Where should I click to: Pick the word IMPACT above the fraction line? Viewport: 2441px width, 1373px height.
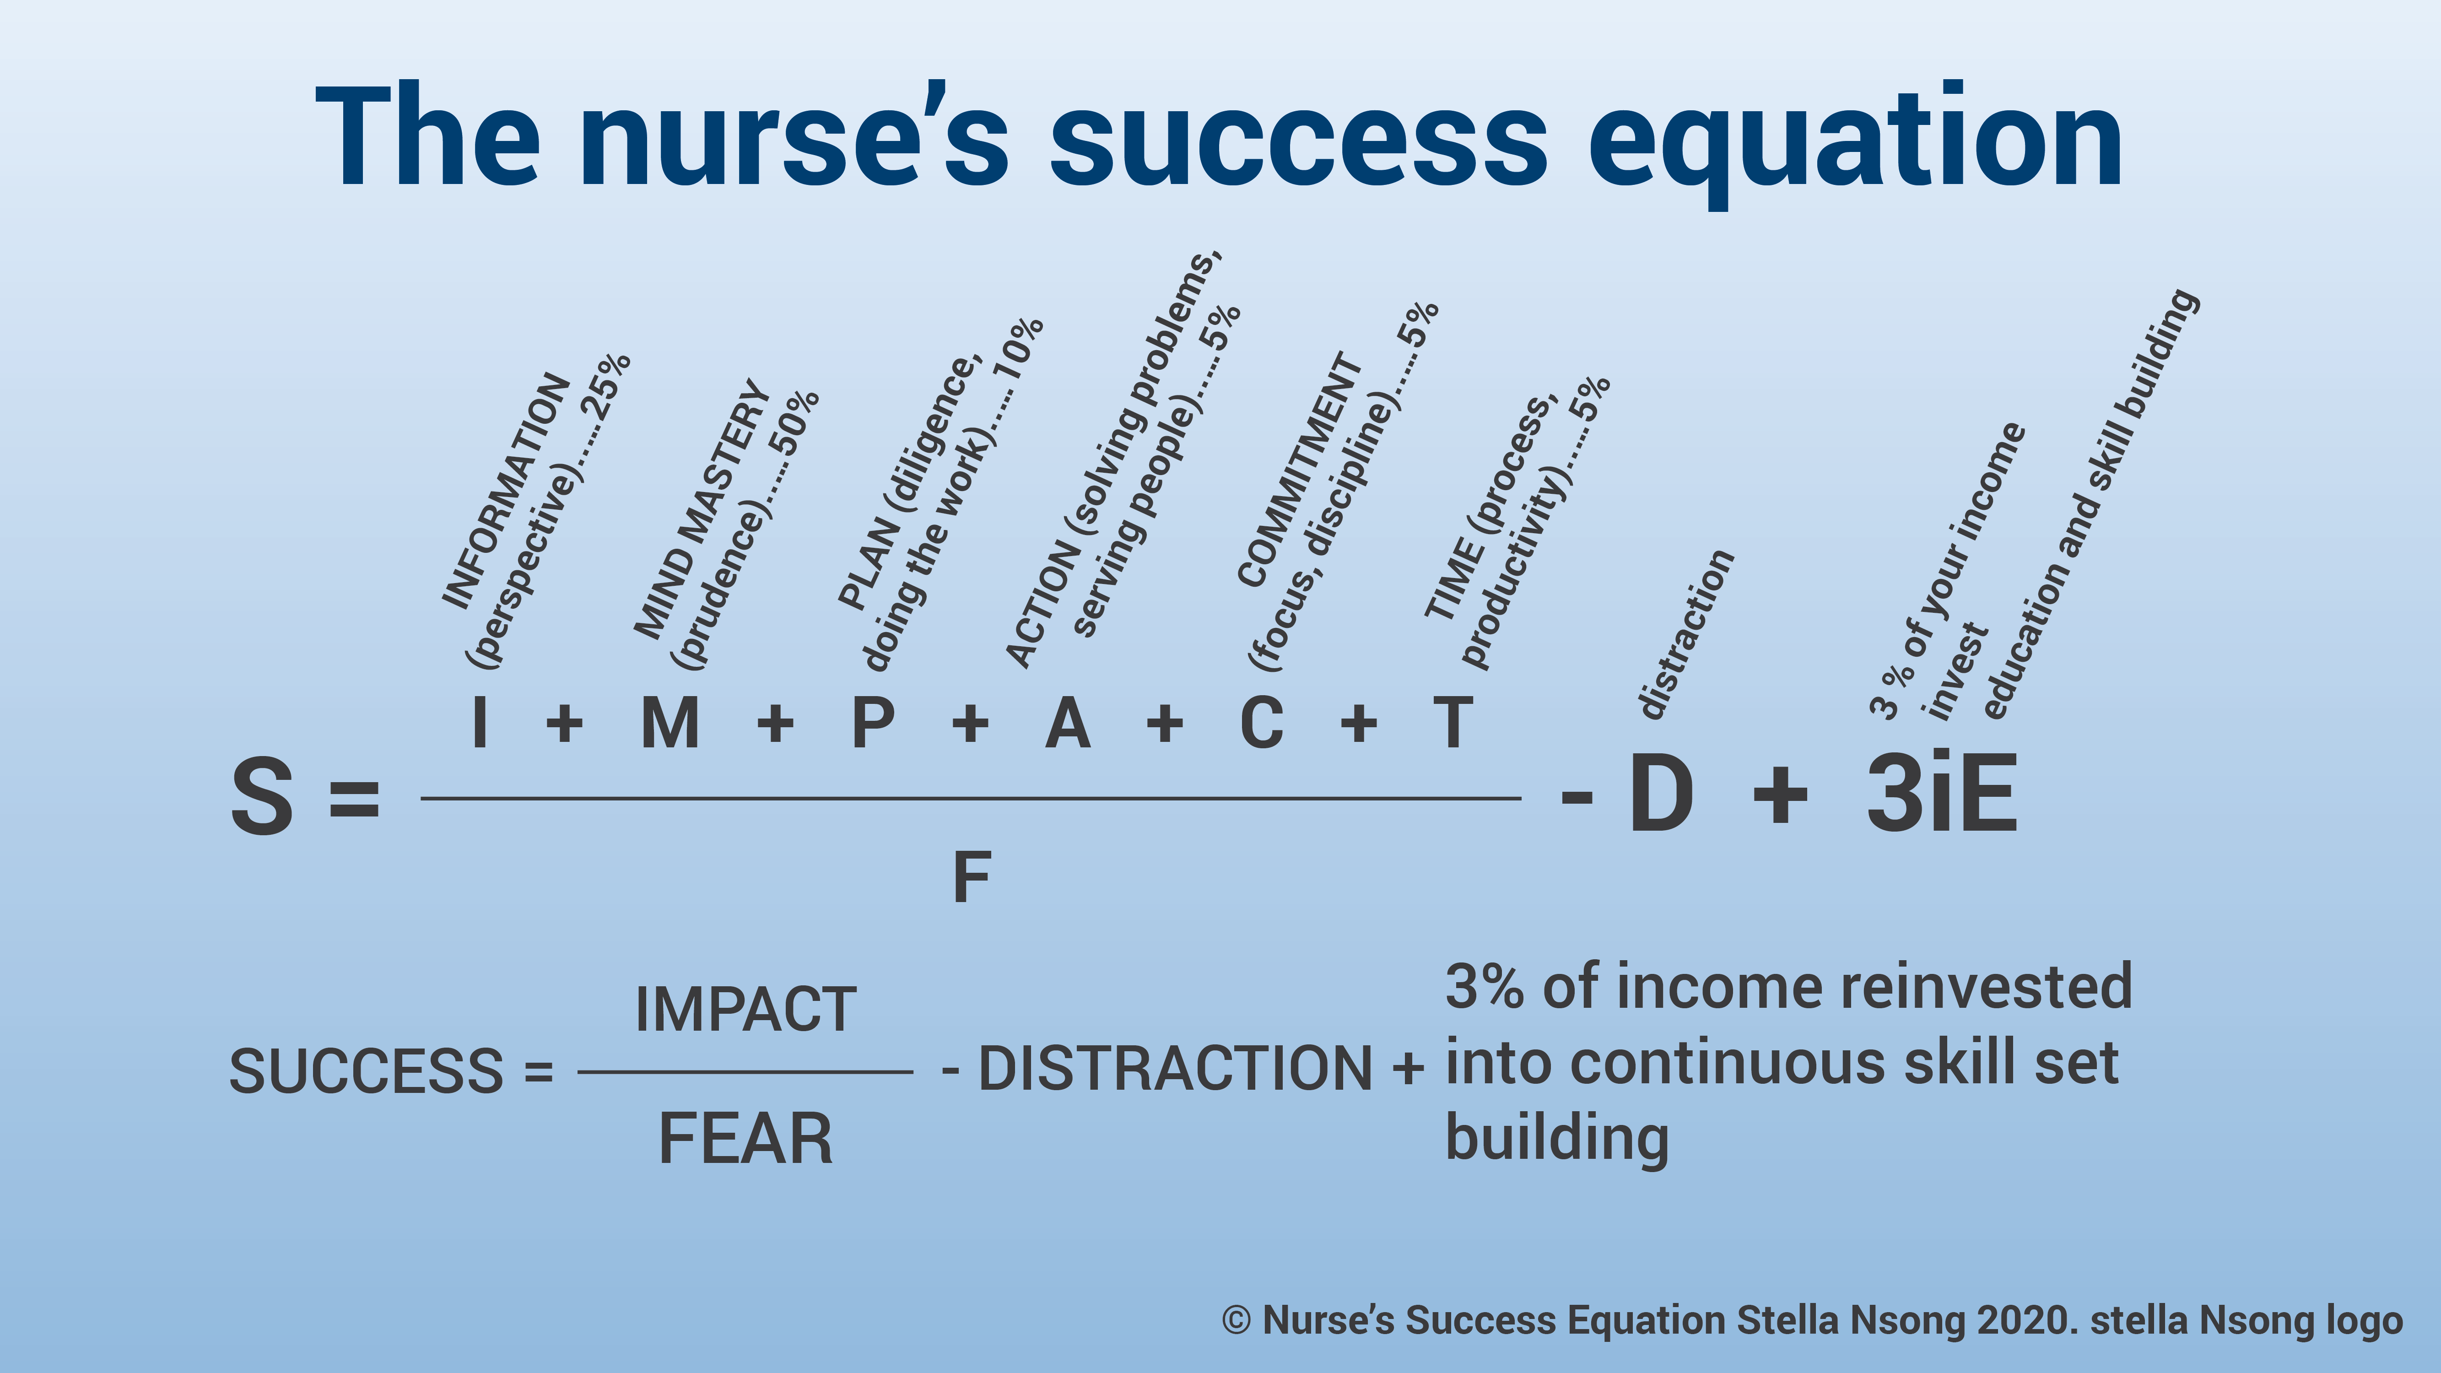[x=746, y=1009]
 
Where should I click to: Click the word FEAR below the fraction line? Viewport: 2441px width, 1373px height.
[x=746, y=1139]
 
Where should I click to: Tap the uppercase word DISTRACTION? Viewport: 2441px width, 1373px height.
[x=1175, y=1069]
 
